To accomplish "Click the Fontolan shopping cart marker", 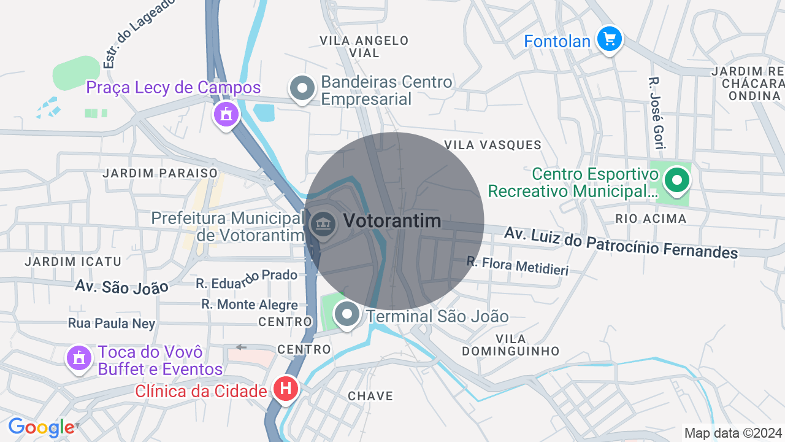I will tap(609, 39).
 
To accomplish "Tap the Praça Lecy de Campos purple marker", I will tap(226, 114).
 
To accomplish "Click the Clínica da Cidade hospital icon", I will tap(285, 389).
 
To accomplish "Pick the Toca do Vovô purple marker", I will tap(78, 358).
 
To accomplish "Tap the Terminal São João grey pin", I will tap(347, 314).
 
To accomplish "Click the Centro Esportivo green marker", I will tap(677, 180).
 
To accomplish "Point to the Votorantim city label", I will tap(392, 221).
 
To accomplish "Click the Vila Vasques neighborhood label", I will tap(493, 145).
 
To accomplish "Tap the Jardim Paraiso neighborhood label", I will tap(160, 173).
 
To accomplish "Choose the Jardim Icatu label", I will tap(73, 262).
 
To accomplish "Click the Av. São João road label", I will tap(121, 286).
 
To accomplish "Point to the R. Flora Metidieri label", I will tap(518, 266).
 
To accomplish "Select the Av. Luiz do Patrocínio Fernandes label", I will tap(621, 242).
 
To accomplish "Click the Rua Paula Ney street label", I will tap(112, 324).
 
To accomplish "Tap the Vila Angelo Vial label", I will tap(364, 47).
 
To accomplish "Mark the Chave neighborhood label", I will tap(370, 396).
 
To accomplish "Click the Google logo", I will tap(41, 427).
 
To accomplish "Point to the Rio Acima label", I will tap(651, 219).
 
